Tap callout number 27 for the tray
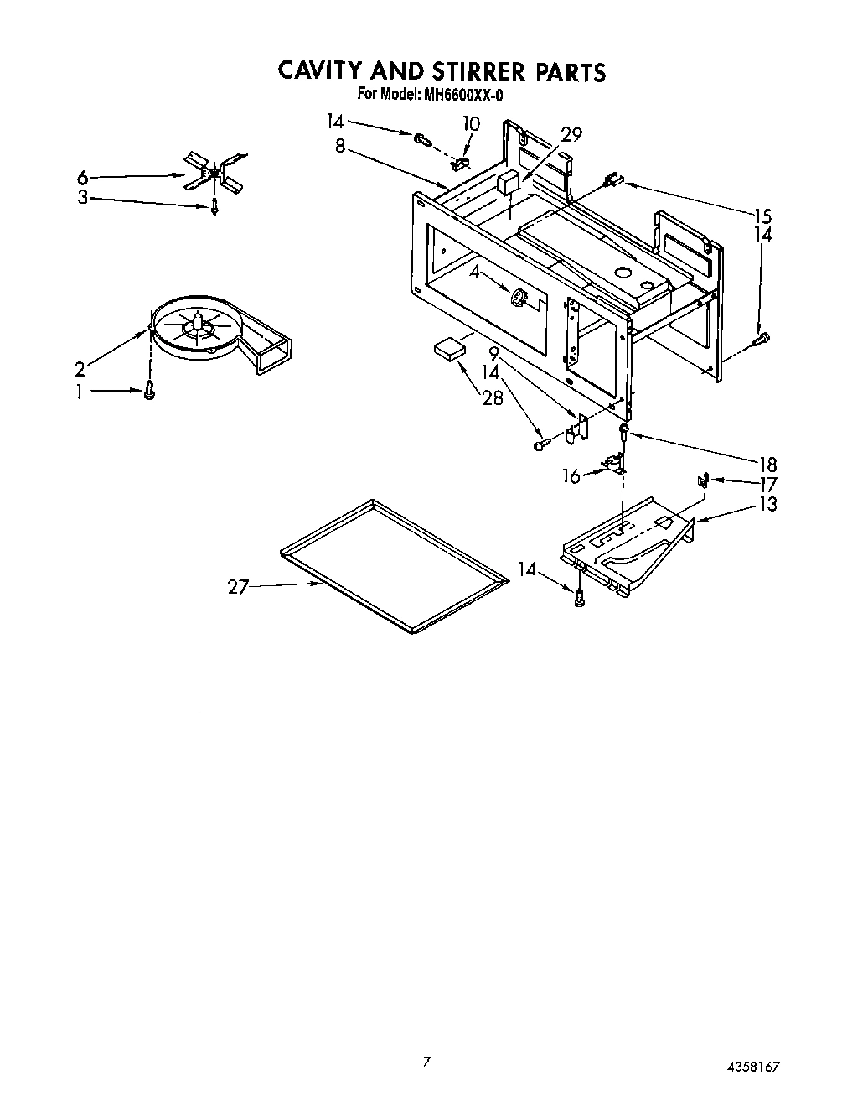(238, 587)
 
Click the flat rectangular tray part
(392, 565)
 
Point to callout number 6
(82, 178)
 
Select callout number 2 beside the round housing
(80, 369)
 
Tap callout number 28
(493, 397)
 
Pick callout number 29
(571, 134)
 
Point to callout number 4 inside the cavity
(474, 272)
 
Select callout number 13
(767, 504)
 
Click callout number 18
(767, 464)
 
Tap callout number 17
(767, 484)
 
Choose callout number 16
(571, 476)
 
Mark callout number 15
(762, 216)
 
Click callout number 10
(471, 124)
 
